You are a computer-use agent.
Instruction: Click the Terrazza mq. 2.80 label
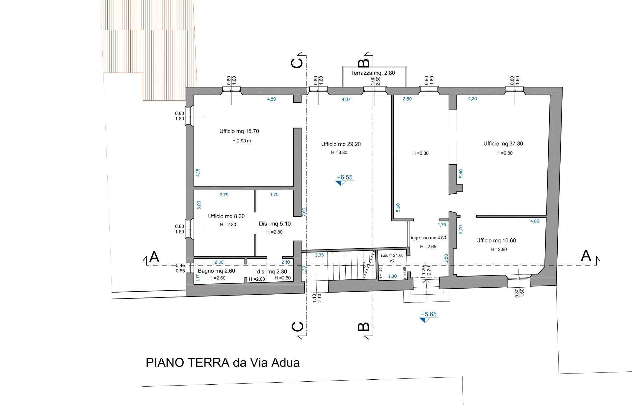tap(373, 73)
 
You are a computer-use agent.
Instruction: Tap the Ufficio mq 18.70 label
tap(239, 131)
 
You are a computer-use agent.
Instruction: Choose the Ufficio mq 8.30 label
tap(226, 216)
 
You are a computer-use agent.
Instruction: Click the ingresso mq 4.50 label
tap(429, 238)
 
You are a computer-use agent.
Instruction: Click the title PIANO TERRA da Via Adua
tap(223, 363)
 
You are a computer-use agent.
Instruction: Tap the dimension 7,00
tap(304, 212)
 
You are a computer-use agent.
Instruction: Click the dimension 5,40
tap(461, 174)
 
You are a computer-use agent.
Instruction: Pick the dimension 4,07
tap(346, 99)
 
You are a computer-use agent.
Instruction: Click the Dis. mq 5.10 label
tap(275, 224)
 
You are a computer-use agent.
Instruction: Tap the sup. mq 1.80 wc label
tap(392, 258)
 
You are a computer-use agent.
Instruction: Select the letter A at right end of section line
tap(586, 255)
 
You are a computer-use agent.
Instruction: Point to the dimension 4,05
tap(535, 221)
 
